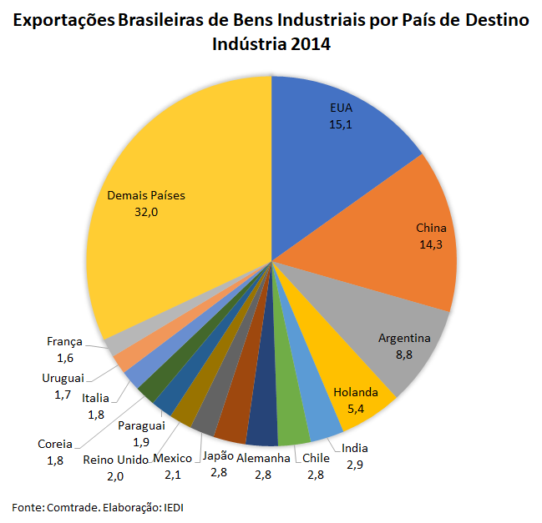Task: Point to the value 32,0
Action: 146,213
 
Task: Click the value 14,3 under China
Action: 431,244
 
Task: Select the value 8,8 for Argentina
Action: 405,355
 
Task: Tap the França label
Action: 64,341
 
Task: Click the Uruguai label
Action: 63,377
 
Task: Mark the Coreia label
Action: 55,444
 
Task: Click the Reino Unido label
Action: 115,460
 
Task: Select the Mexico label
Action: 173,458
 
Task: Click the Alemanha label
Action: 264,458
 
